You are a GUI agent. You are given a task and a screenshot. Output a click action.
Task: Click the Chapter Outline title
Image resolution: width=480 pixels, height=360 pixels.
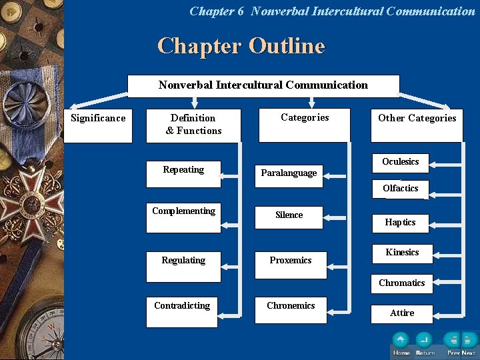pos(241,46)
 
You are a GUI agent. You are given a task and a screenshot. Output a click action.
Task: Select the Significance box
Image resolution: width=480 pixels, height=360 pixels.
pos(98,125)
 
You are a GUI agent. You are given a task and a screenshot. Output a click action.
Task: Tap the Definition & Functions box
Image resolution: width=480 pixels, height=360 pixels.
pos(193,125)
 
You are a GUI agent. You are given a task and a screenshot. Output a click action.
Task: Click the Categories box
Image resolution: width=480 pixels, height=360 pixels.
pos(304,125)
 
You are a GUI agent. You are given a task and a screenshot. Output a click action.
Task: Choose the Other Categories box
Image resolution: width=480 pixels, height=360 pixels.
pos(417,125)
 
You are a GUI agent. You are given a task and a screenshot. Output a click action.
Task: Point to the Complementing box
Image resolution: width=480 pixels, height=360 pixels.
pos(183,217)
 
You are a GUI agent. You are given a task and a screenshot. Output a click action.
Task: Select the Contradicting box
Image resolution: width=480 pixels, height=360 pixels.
pos(182,311)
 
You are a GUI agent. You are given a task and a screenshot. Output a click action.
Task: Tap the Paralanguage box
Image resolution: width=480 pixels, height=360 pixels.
pos(289,175)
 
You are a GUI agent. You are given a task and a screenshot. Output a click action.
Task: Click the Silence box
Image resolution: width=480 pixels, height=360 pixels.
pos(289,217)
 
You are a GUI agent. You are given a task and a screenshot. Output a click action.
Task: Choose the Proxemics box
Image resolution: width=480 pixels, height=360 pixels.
pos(291,265)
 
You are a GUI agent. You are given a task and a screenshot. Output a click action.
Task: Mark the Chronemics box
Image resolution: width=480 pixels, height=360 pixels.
pos(291,310)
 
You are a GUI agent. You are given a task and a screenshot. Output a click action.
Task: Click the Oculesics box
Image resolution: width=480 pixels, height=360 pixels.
pos(401,162)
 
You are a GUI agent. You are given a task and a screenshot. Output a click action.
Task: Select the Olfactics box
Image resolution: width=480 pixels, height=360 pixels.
pos(401,189)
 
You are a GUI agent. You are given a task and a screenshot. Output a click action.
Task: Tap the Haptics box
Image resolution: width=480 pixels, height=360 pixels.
pos(400,223)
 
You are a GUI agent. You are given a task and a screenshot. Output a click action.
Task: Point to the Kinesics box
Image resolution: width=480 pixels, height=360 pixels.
pos(402,253)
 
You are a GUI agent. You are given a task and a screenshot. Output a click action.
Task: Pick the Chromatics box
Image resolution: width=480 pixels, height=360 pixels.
pos(401,283)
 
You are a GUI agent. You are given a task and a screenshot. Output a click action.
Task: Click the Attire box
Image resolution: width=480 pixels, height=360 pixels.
pos(402,313)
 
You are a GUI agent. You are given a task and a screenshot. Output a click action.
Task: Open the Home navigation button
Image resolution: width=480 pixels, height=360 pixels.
pos(401,341)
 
